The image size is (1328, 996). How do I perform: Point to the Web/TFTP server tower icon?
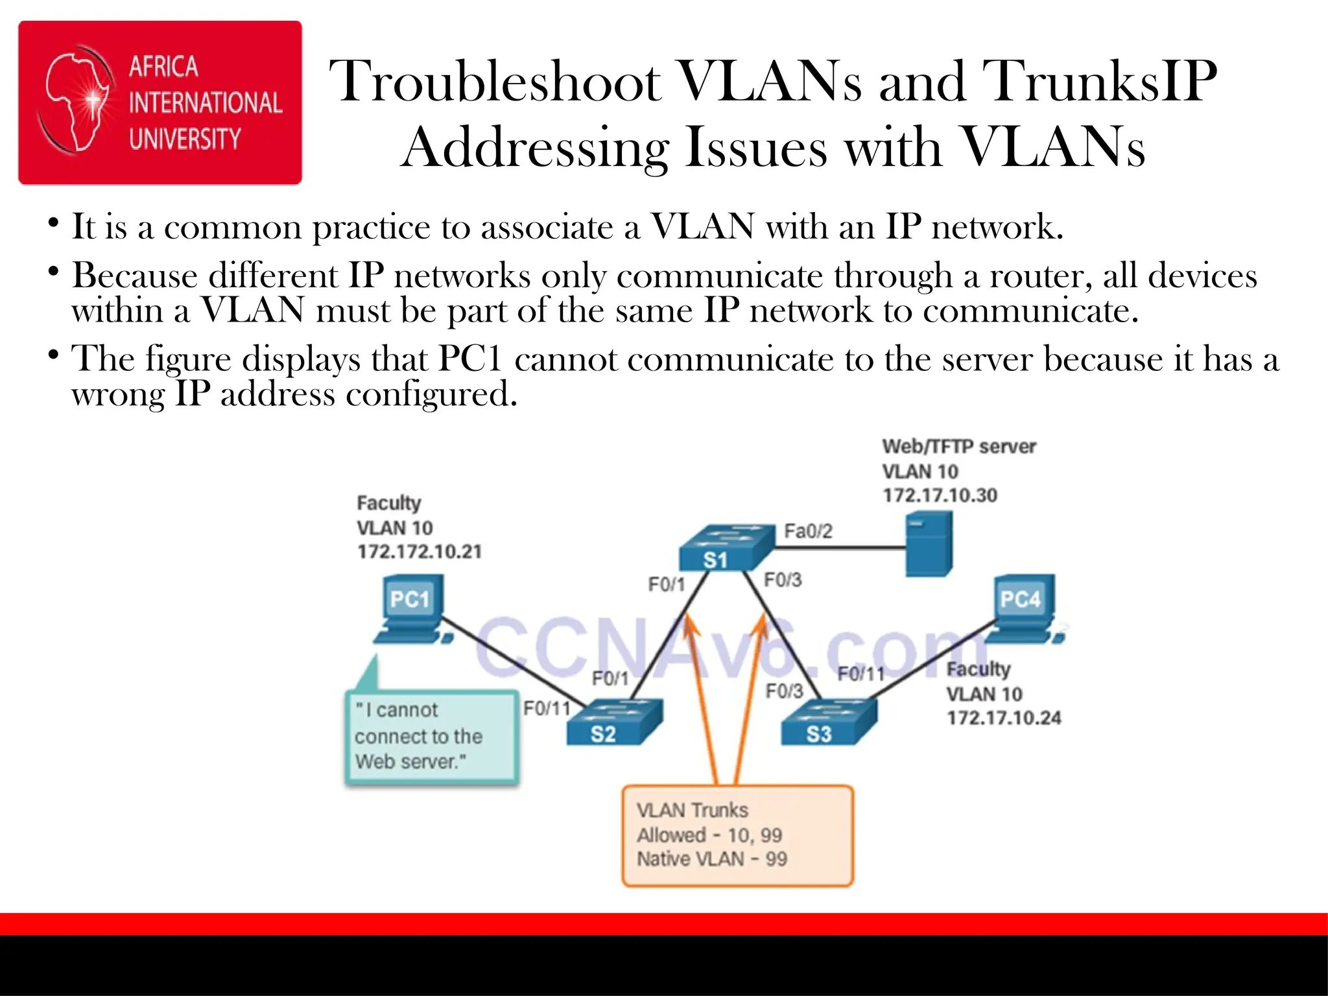coord(929,543)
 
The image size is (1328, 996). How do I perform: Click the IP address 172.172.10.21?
coord(420,552)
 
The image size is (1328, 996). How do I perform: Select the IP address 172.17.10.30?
coord(940,495)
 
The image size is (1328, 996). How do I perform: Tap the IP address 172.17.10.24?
coord(1004,718)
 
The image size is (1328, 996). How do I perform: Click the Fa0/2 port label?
coord(808,531)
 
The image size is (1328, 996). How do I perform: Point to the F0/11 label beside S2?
coord(547,708)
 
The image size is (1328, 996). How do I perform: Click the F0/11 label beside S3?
coord(860,674)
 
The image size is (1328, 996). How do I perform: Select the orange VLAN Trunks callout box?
coord(737,835)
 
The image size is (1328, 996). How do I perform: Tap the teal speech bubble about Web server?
coord(431,737)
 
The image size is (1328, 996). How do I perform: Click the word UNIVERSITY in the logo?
coord(185,139)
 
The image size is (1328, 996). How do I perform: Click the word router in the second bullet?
coord(1037,276)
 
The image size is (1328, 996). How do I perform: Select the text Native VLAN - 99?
coord(711,859)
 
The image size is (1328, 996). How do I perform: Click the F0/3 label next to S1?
coord(783,579)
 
